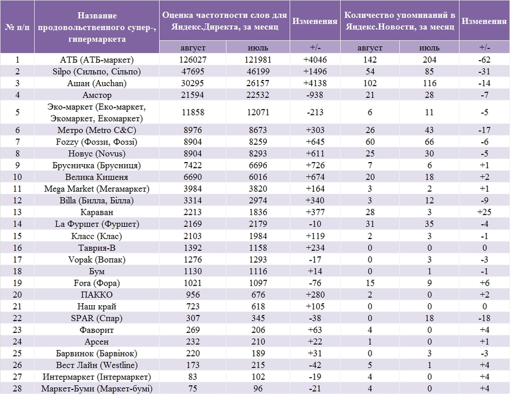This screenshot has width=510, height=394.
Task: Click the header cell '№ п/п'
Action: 17,27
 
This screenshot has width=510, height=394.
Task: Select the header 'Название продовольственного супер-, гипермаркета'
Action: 96,27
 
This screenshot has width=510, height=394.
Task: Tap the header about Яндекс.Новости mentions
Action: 399,21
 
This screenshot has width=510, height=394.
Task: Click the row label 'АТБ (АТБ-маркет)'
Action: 96,60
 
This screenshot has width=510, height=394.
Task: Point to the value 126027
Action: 192,60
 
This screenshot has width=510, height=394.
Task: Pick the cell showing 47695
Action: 192,72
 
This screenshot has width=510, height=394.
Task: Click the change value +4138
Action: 315,83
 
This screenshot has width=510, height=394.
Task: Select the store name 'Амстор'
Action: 96,95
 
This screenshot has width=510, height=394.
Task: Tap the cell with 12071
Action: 258,112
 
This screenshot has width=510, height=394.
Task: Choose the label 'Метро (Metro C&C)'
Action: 96,130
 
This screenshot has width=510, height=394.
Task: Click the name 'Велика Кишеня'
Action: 96,177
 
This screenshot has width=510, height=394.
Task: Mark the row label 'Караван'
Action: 96,212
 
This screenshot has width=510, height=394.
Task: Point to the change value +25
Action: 484,212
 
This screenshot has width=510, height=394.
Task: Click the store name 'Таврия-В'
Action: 96,248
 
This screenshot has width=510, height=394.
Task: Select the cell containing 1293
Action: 258,260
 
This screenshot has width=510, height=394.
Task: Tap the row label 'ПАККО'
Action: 96,295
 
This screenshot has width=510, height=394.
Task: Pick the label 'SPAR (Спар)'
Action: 96,318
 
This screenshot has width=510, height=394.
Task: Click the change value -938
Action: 315,95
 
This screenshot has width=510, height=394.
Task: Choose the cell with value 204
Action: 429,60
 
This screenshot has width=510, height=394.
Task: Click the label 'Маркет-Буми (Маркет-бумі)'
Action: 96,388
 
